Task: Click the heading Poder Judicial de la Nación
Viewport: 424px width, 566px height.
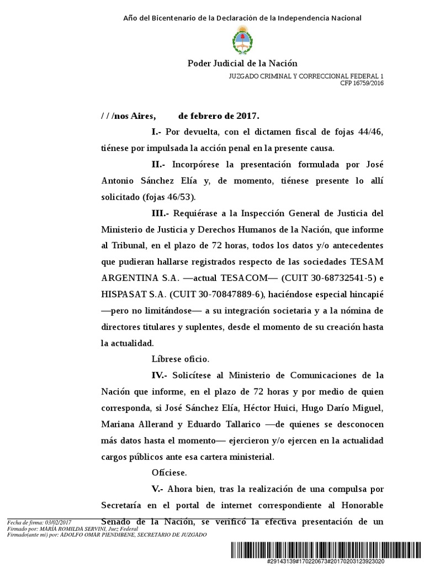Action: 242,64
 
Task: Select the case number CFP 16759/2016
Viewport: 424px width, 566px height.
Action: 362,83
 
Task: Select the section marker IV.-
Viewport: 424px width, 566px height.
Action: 162,375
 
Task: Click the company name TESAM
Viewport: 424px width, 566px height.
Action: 367,261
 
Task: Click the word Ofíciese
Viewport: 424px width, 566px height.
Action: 169,473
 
